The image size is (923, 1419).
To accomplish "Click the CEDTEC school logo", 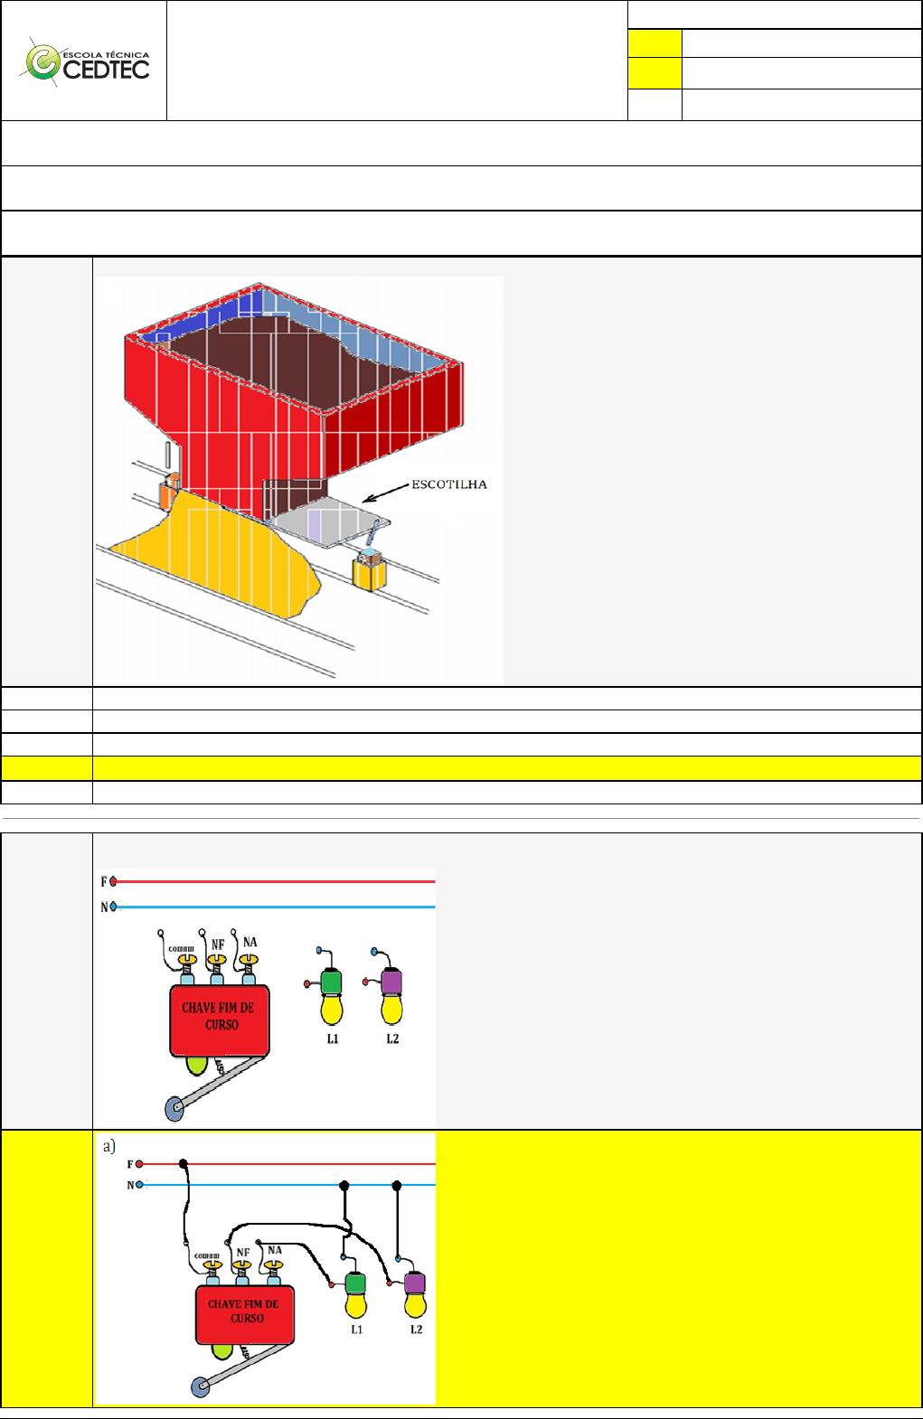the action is pos(86,62).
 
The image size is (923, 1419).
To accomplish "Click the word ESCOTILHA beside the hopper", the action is pos(449,484).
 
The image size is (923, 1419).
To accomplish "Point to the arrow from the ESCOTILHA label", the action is pos(386,493).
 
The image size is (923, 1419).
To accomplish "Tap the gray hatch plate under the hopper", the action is pos(328,521).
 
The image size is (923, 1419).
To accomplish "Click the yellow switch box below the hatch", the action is pos(370,570).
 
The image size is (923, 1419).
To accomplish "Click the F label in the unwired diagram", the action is pos(104,882).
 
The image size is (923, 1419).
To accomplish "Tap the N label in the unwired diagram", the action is pos(104,907).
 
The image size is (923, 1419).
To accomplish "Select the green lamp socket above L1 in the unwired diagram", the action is pos(331,982).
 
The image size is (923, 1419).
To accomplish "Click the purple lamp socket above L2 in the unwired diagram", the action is pos(391,982).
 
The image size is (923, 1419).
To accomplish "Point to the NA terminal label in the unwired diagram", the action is pos(250,942).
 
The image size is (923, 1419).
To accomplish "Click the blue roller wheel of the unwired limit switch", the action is pos(174,1109).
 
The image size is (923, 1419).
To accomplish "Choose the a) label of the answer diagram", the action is pos(109,1146).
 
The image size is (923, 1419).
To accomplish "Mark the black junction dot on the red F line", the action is pos(184,1164).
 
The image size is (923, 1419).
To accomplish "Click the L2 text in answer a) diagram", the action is pos(416,1329).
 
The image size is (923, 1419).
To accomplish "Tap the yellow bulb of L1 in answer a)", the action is pos(356,1306).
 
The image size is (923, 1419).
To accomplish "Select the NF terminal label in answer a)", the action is pos(243,1253).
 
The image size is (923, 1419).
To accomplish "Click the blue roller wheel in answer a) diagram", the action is pos(201,1386).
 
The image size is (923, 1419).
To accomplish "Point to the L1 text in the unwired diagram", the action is pos(333,1038).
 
